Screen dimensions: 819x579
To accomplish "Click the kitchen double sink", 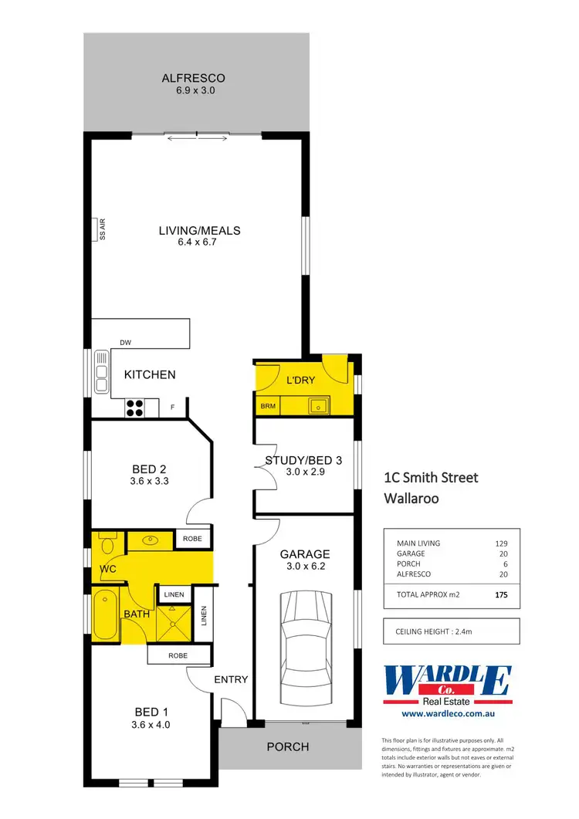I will tap(101, 373).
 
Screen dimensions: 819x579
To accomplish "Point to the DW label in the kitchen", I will tap(125, 343).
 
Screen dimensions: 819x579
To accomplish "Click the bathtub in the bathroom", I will tap(104, 615).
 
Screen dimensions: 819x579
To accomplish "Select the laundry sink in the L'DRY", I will tap(317, 404).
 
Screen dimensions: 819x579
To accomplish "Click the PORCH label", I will tap(287, 746).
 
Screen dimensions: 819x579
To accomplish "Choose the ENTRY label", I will tap(231, 679).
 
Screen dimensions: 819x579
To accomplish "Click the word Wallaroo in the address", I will tap(411, 499).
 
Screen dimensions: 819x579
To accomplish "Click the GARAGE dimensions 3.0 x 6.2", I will tap(305, 567).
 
